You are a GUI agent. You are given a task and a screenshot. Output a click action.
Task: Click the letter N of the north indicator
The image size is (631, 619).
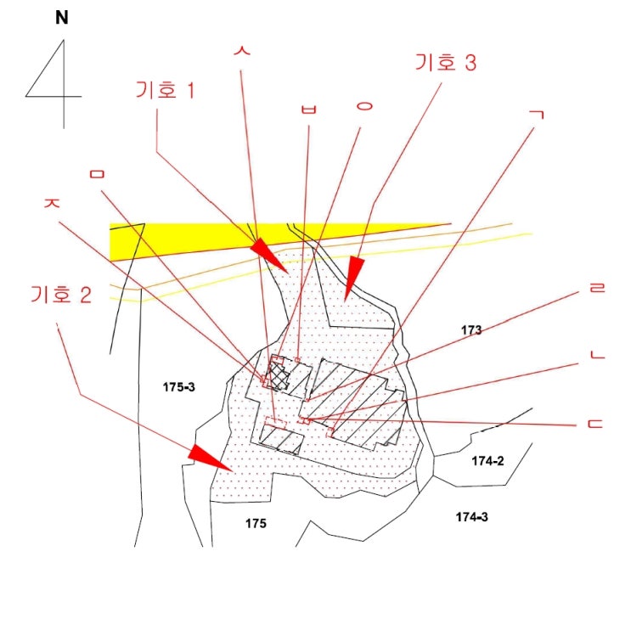[61, 18]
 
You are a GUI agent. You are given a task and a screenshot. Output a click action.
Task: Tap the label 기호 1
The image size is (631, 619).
[166, 89]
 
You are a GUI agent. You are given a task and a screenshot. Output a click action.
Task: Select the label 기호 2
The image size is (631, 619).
[61, 294]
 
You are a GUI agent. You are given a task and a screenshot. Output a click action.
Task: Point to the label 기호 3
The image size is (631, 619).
[446, 62]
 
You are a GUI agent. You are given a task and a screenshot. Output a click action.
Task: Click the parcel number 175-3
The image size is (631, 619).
[178, 387]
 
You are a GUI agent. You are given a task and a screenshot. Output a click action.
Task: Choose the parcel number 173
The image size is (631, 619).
[471, 330]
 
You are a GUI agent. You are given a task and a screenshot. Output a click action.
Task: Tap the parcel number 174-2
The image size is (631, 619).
[487, 461]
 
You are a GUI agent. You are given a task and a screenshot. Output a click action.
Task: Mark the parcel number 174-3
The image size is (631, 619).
[471, 517]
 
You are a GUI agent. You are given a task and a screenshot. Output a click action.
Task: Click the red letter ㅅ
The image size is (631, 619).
[242, 50]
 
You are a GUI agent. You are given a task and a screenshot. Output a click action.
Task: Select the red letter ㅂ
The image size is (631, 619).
[308, 109]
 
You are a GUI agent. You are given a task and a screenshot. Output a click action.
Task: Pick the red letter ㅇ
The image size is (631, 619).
[364, 106]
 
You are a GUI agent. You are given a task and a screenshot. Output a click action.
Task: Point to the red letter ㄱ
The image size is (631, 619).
[538, 115]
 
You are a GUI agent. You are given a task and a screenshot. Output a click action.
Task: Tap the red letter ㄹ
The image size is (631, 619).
[597, 287]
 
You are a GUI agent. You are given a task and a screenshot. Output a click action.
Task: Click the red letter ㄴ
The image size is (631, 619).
[597, 354]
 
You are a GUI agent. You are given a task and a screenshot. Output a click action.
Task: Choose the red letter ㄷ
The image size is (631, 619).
[595, 424]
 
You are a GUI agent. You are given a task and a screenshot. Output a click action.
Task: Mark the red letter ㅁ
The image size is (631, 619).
[97, 174]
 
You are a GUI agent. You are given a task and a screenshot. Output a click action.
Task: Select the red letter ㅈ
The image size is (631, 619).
[52, 202]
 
